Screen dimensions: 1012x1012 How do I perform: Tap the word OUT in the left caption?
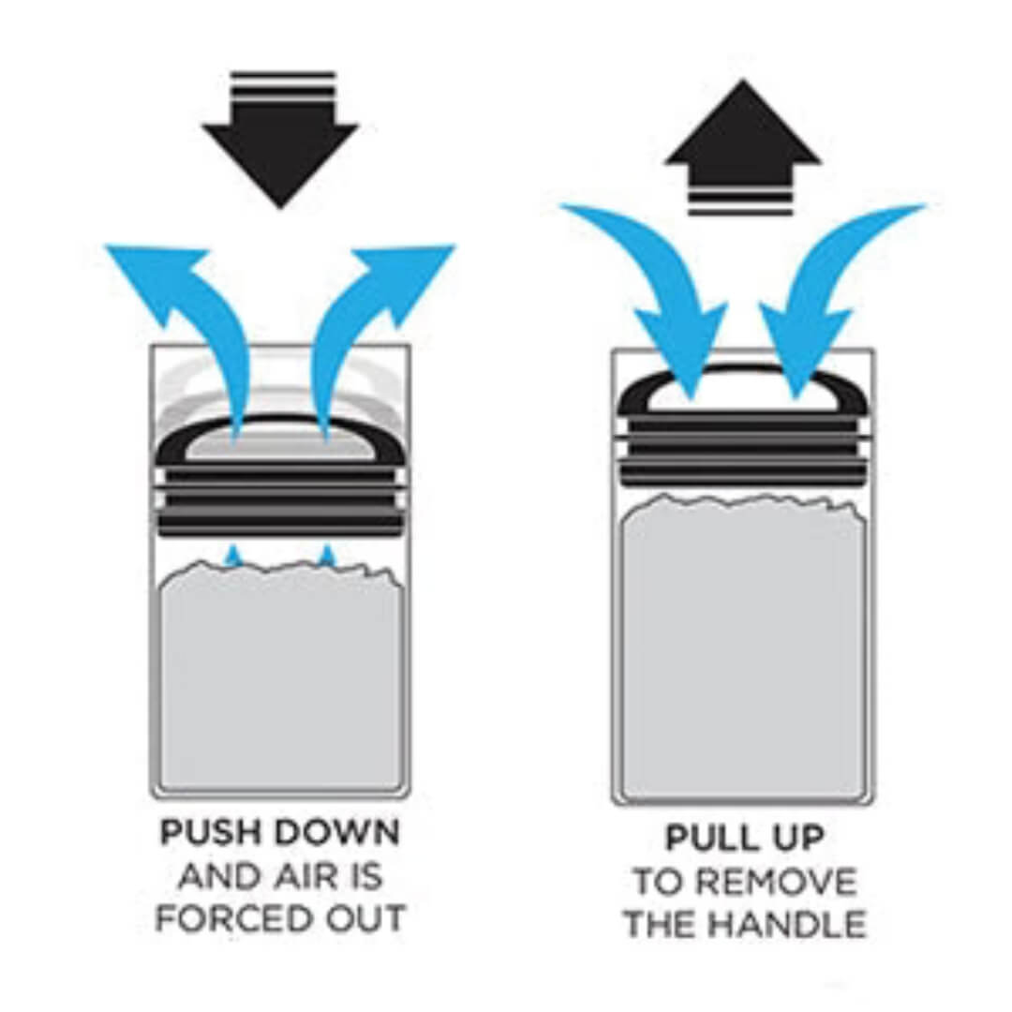click(365, 917)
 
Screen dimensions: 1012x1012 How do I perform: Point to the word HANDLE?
click(791, 924)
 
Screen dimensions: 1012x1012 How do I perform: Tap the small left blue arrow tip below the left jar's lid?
click(233, 557)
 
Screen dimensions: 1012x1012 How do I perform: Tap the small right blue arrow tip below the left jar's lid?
click(329, 557)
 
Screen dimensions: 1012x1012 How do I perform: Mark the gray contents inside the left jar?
click(281, 677)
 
